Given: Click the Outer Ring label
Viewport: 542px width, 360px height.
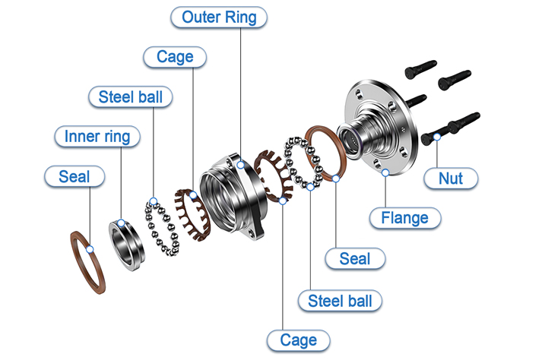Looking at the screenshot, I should (x=219, y=17).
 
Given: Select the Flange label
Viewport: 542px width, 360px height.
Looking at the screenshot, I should (x=404, y=218).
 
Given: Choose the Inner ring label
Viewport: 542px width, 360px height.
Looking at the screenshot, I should (x=91, y=137).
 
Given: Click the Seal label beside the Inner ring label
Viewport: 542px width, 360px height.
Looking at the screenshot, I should (x=74, y=177).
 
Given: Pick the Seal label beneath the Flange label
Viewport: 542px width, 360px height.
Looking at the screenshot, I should (x=354, y=258).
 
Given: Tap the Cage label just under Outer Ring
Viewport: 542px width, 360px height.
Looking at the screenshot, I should (x=174, y=57).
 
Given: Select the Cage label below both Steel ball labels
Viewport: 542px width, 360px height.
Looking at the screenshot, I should (x=299, y=339).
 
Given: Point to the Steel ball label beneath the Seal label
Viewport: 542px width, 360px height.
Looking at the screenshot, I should (x=340, y=300).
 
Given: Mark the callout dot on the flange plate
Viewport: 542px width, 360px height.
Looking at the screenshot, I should (x=386, y=173).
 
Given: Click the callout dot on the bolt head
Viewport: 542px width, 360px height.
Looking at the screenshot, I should (x=438, y=137).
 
